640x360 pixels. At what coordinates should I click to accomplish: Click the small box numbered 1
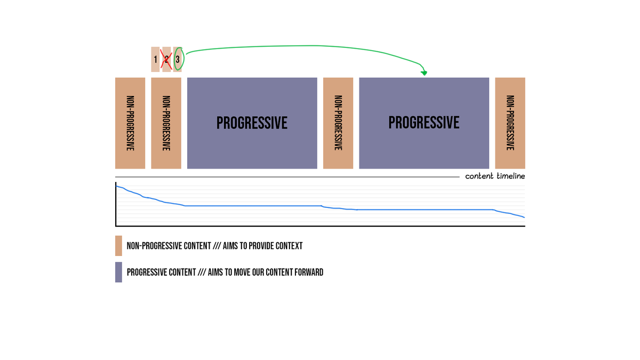(155, 59)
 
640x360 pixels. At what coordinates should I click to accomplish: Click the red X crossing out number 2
(166, 59)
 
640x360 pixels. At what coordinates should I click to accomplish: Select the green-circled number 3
(178, 59)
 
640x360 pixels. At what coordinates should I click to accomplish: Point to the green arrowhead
(424, 73)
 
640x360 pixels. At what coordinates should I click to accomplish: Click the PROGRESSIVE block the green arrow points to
(424, 123)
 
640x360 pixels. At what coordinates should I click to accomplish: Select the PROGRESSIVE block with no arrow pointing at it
(252, 123)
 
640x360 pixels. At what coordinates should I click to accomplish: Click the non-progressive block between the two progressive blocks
(338, 123)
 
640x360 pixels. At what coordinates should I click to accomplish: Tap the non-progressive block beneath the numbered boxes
(166, 123)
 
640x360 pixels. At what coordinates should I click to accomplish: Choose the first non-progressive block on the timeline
(130, 123)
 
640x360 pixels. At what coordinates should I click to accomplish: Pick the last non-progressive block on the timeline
(510, 123)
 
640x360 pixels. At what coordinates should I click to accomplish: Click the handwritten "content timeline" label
(495, 176)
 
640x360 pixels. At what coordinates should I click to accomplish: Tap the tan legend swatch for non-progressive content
(118, 246)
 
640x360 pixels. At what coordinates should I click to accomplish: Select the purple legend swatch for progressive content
(118, 272)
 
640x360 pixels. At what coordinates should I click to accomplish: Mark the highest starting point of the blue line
(117, 186)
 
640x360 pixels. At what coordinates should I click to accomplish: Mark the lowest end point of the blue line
(524, 217)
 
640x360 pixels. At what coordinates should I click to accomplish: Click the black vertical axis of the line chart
(116, 205)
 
